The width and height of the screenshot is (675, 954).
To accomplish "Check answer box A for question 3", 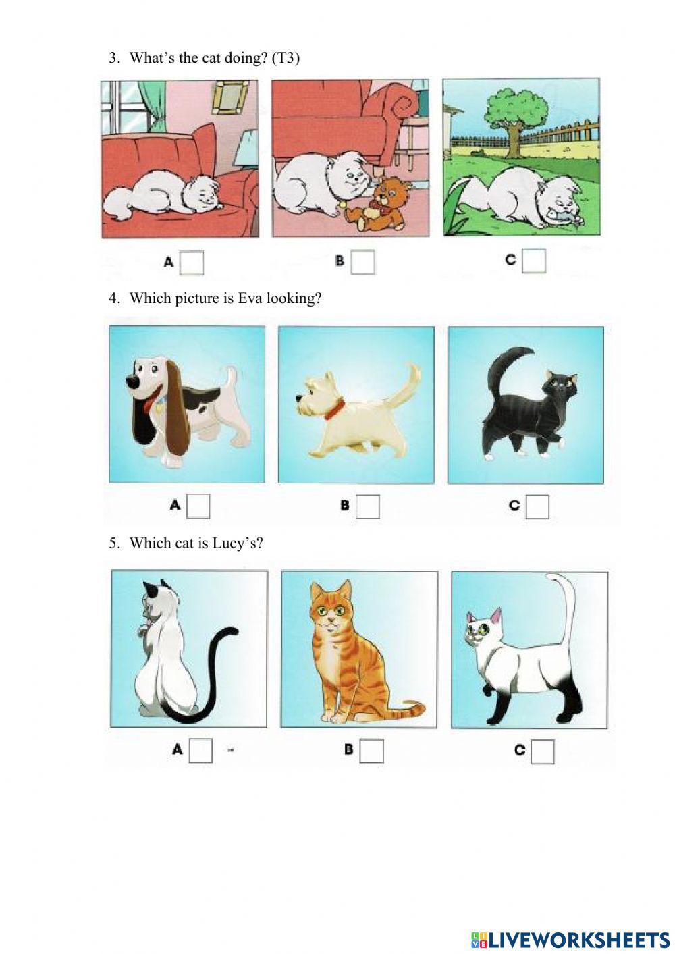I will pyautogui.click(x=192, y=263).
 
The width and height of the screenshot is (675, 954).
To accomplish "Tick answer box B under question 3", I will pyautogui.click(x=362, y=262).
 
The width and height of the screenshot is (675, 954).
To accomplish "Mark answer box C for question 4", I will pyautogui.click(x=537, y=506).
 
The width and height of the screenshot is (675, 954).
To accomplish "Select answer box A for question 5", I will pyautogui.click(x=200, y=750).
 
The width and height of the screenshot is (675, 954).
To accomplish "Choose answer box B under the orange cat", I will pyautogui.click(x=371, y=751).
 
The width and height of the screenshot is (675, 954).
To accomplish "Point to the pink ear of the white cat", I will pyautogui.click(x=497, y=615).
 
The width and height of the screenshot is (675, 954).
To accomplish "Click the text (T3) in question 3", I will pyautogui.click(x=285, y=58).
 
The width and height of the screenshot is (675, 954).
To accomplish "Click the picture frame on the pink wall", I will pyautogui.click(x=228, y=95).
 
